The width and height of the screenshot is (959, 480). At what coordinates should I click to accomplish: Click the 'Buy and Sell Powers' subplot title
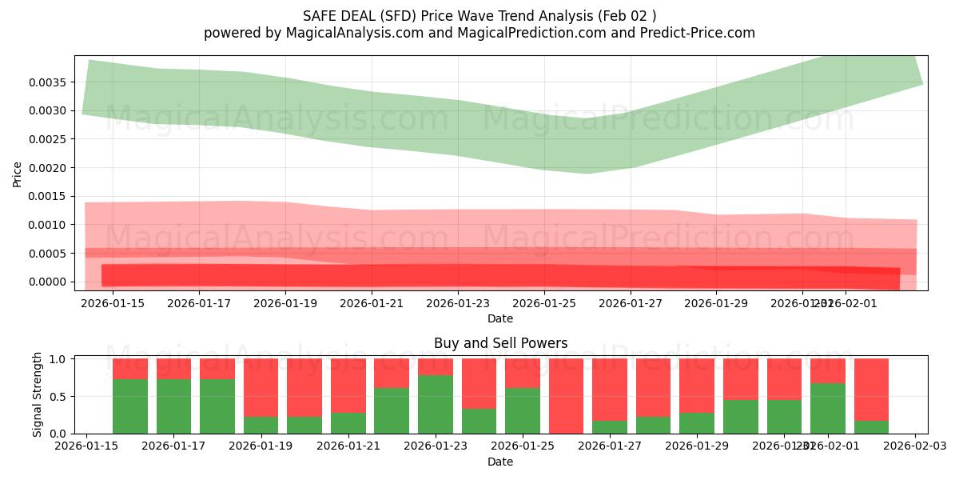pyautogui.click(x=500, y=343)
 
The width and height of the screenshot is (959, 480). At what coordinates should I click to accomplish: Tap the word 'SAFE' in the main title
pyautogui.click(x=320, y=16)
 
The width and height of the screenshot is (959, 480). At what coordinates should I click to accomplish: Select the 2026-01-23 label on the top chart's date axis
pyautogui.click(x=458, y=303)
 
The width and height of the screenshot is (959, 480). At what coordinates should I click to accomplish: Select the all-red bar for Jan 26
pyautogui.click(x=567, y=396)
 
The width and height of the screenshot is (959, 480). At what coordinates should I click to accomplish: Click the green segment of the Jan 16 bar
pyautogui.click(x=130, y=406)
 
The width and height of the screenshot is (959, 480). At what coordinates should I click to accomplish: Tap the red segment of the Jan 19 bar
pyautogui.click(x=261, y=387)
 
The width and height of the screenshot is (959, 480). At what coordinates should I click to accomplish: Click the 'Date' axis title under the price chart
pyautogui.click(x=500, y=318)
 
